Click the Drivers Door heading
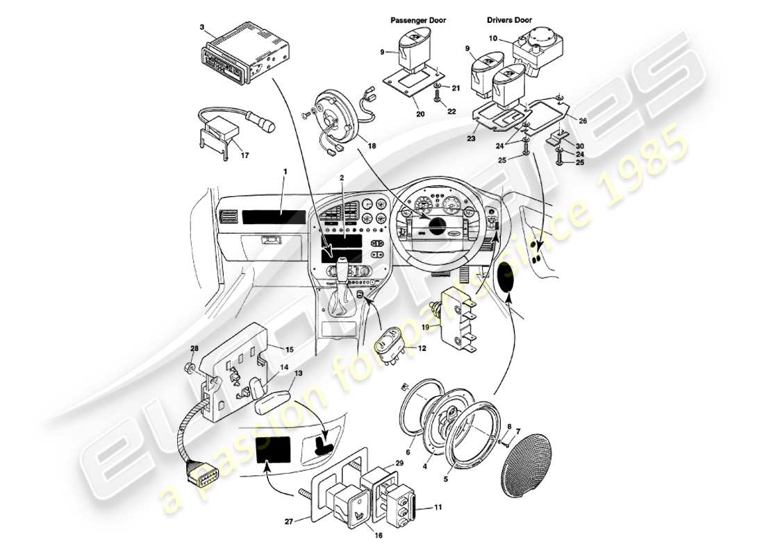coord(509,20)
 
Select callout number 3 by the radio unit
coord(201,27)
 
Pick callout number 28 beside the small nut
coord(194,348)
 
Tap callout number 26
coord(583,121)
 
